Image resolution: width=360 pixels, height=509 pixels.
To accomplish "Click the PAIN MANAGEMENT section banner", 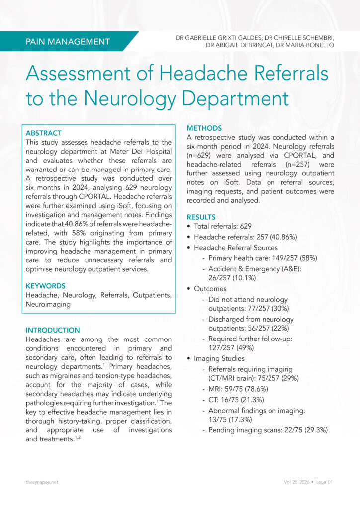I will pos(68,42).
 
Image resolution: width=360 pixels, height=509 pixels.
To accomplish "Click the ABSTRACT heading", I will pos(44,133).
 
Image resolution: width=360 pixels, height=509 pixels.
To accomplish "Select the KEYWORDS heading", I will pos(45,286).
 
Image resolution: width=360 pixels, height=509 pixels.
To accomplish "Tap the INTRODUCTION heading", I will pos(53,330).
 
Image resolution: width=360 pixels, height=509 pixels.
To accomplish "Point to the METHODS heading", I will pos(204,128).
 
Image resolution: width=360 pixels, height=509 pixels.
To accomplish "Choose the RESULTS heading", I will pos(201,217).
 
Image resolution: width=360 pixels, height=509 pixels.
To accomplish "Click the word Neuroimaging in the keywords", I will pos(48,304).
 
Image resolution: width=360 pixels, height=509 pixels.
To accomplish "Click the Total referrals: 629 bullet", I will pos(223,226).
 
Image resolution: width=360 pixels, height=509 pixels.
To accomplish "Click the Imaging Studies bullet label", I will pos(219,358).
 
